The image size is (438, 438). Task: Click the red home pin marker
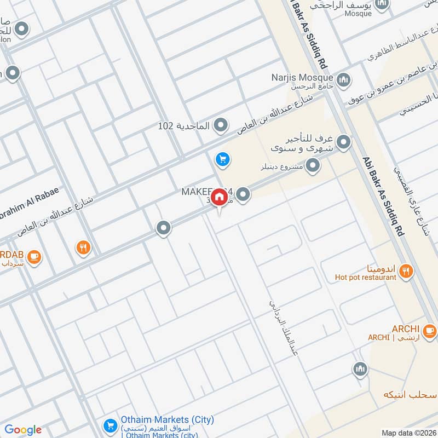(x=219, y=197)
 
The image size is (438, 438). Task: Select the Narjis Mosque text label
(x=302, y=77)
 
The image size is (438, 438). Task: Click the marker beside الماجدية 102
(x=221, y=126)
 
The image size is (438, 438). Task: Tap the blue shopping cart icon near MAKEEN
(x=222, y=159)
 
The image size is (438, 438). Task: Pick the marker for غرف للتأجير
(x=343, y=143)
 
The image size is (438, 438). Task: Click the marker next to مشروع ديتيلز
(x=313, y=165)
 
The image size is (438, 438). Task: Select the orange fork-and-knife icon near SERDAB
(x=83, y=248)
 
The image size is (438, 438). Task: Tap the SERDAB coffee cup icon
(x=34, y=256)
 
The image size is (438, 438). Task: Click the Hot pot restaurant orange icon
(x=406, y=270)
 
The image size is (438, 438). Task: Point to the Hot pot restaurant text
(x=365, y=278)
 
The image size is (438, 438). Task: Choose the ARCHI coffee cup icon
(x=429, y=330)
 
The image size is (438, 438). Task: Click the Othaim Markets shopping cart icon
(x=109, y=425)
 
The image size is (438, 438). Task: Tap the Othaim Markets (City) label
(x=166, y=420)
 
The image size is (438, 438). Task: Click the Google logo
(x=23, y=430)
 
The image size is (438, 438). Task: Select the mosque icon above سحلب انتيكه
(x=359, y=370)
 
